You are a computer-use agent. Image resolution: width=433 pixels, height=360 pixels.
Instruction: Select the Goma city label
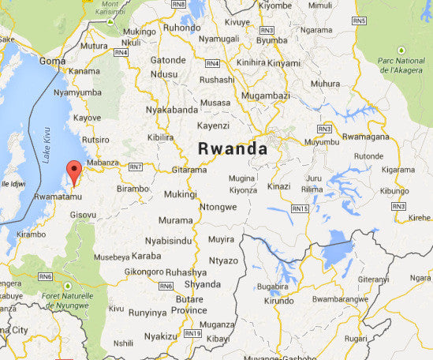pos(52,60)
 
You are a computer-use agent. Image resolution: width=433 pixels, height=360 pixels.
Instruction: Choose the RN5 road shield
pos(358,20)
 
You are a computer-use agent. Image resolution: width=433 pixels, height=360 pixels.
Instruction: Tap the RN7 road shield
pos(136,167)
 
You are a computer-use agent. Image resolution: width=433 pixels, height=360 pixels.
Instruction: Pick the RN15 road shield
pos(299,208)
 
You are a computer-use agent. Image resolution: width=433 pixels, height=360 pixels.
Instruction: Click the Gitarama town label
pos(189,169)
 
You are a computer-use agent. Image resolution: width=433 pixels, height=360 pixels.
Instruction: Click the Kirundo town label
pos(278,301)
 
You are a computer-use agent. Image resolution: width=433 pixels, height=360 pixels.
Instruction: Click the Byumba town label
pos(272,39)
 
